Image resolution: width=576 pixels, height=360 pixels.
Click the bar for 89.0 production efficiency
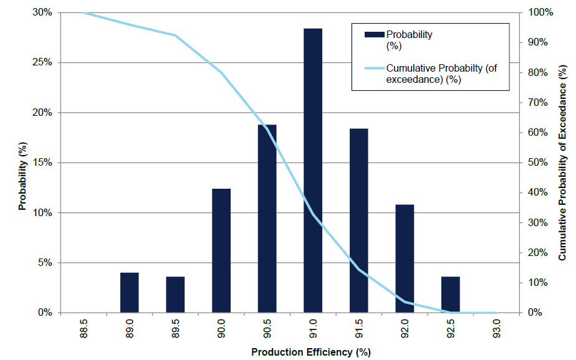130,293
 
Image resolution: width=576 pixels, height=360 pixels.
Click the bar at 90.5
267,219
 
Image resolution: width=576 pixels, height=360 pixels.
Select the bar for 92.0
405,258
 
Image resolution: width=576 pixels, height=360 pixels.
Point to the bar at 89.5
175,294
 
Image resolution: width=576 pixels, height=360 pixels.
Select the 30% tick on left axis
43,12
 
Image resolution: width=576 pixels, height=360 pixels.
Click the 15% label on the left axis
43,163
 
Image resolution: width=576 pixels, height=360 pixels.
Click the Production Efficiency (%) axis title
310,353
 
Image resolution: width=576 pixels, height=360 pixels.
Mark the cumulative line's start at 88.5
85,12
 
